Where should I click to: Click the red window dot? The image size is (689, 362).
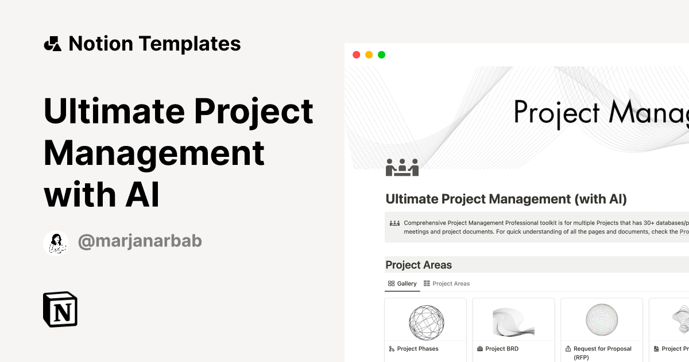tap(356, 55)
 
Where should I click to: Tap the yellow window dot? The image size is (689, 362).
tap(369, 55)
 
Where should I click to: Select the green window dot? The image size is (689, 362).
tap(381, 55)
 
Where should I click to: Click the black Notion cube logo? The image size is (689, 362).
tap(60, 309)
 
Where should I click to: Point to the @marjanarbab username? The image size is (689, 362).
tap(140, 242)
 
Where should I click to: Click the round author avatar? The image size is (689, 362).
tap(56, 243)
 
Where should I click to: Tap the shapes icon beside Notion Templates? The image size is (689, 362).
tap(52, 44)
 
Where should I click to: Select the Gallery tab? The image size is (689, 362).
tap(402, 283)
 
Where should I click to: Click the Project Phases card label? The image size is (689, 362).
tap(417, 348)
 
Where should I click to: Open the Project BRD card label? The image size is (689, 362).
tap(503, 348)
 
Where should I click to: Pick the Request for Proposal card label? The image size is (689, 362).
tap(602, 348)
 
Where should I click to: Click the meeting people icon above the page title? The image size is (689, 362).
tap(402, 167)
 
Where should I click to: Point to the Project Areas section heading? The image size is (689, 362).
tap(419, 265)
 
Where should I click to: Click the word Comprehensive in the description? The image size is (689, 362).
tap(431, 223)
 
